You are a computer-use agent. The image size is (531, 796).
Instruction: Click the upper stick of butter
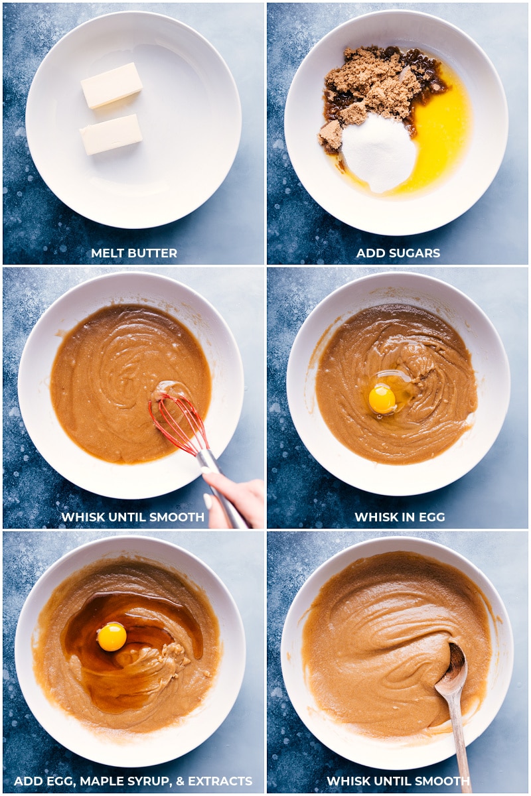tap(112, 86)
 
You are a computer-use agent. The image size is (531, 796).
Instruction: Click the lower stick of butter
tap(111, 134)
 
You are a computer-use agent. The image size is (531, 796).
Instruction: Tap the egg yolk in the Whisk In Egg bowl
tap(382, 400)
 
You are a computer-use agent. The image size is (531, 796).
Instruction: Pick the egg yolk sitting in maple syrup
tap(112, 637)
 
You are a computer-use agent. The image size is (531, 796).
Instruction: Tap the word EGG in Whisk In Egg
tap(432, 517)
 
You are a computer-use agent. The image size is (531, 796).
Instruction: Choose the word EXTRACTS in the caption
tap(220, 781)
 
